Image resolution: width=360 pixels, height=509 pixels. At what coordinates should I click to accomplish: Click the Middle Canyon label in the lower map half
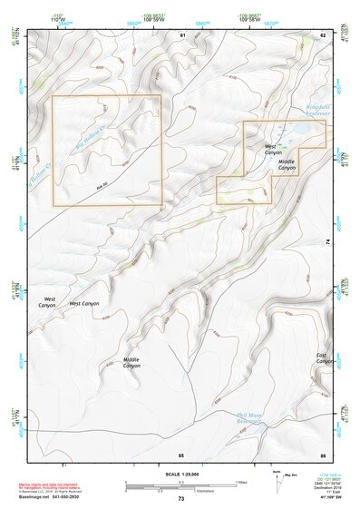coord(131,364)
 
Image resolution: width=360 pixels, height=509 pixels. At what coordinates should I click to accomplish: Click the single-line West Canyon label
coord(85,303)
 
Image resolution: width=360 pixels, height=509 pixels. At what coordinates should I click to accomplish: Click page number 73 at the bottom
coord(180,498)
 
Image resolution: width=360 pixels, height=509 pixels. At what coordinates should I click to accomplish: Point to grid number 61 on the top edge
coord(182,34)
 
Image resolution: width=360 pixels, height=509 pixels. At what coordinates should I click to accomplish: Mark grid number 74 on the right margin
coord(326,240)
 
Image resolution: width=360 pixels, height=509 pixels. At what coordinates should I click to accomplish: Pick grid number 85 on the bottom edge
coord(181,453)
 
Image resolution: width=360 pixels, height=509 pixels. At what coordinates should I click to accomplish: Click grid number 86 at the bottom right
coord(322,453)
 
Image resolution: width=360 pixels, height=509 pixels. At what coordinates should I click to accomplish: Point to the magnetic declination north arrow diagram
coord(277,483)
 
